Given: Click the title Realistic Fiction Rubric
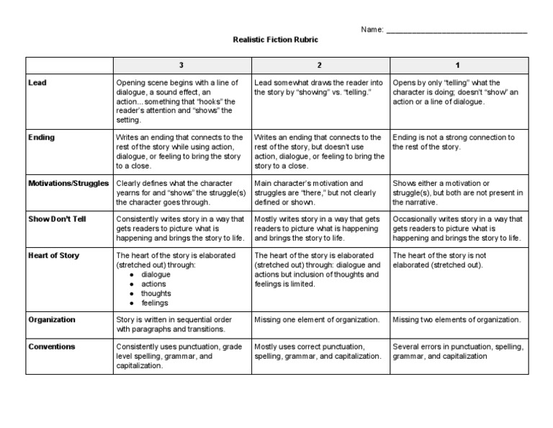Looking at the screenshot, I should (276, 40).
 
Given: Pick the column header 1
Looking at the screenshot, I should (457, 66).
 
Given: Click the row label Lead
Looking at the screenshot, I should (37, 83).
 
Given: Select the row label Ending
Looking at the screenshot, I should (41, 137).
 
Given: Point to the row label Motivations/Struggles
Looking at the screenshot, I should (68, 183).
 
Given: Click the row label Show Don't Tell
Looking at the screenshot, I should (57, 218).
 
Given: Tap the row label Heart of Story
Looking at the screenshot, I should (53, 255).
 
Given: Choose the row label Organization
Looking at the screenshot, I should (52, 319).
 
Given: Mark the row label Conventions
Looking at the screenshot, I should (51, 347).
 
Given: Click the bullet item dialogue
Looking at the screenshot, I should (156, 275).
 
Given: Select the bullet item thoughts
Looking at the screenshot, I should (156, 293).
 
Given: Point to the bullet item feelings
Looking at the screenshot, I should (155, 303).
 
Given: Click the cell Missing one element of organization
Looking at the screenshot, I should (317, 320).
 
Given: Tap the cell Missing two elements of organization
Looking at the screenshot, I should (457, 320).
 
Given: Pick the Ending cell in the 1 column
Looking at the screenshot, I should (454, 142).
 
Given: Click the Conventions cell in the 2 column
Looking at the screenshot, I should (318, 352).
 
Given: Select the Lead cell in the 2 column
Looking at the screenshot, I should (318, 88).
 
